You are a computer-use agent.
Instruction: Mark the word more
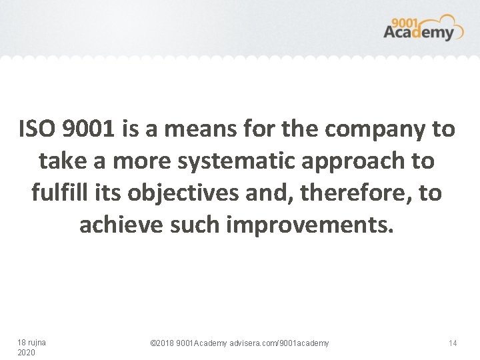[x=127, y=161]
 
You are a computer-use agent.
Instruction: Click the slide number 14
[x=453, y=343]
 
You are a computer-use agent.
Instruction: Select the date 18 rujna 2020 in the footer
[x=31, y=347]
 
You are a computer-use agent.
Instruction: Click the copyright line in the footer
[x=239, y=343]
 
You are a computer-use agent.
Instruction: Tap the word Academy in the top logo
[x=418, y=31]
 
